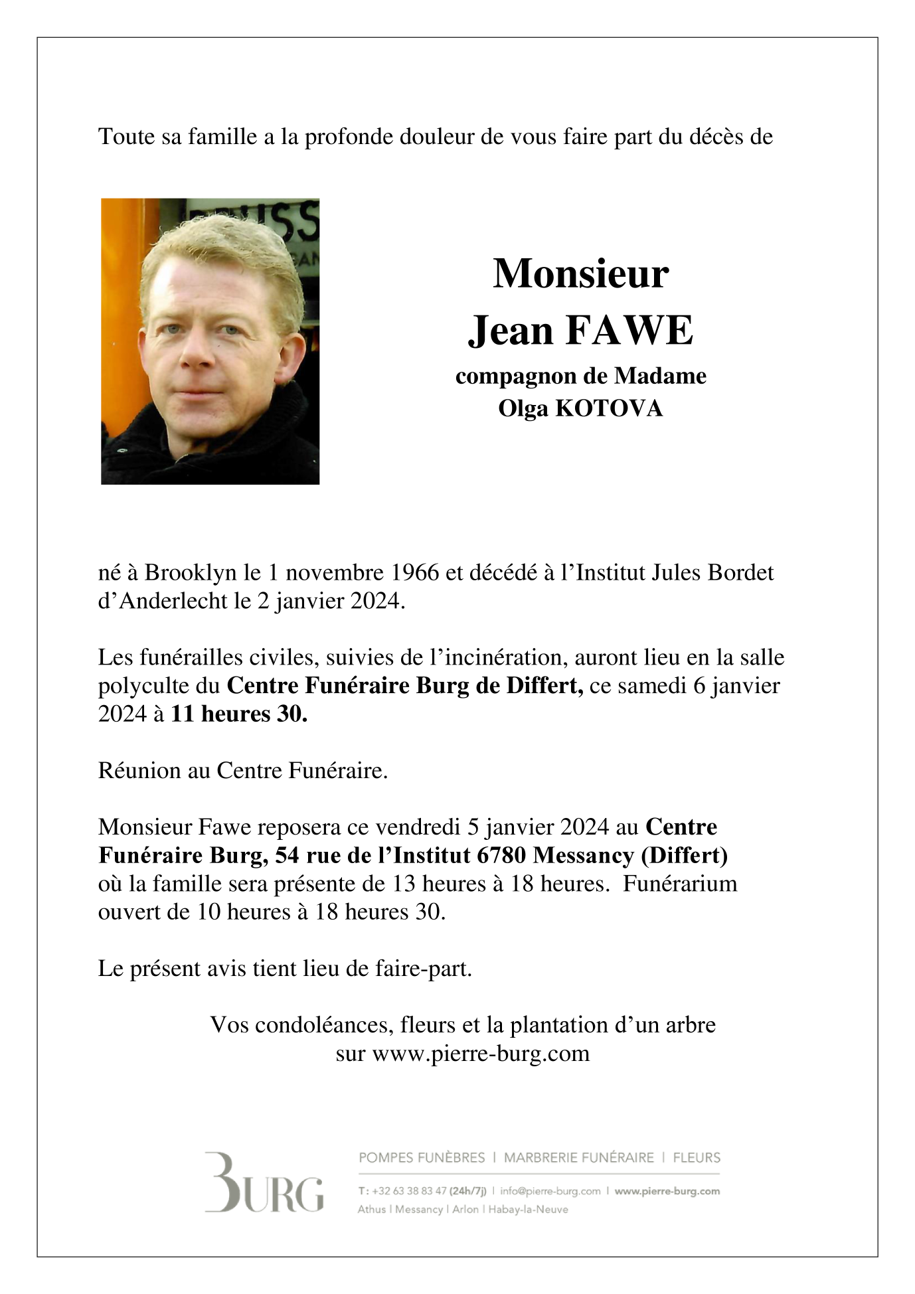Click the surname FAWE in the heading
coord(628,330)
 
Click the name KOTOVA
coord(608,408)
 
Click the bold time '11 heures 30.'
coord(239,714)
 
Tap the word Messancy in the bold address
coord(584,855)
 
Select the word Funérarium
coord(681,884)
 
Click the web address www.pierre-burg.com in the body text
coord(481,1054)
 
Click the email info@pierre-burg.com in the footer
coord(550,1191)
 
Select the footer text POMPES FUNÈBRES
coord(422,1158)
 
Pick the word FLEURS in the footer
coord(697,1158)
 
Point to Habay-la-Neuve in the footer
coord(529,1210)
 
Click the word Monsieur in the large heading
coord(580,273)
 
